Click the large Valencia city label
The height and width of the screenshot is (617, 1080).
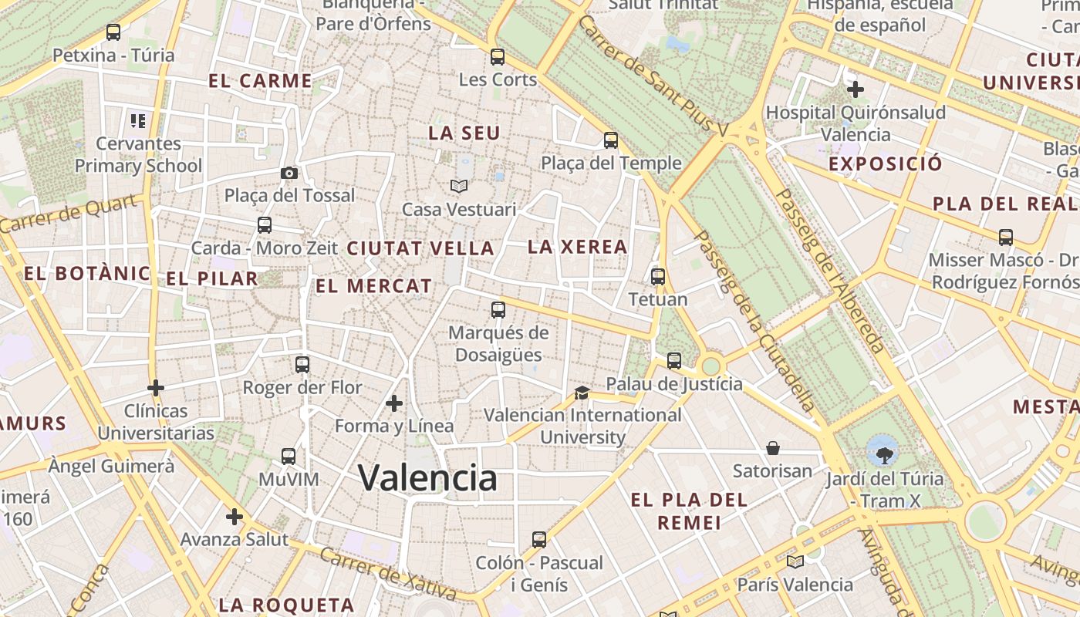point(428,477)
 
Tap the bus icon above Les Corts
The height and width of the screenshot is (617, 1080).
point(498,56)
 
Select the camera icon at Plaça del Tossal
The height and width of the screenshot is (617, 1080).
point(289,173)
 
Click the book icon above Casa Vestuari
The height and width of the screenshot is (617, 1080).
point(459,186)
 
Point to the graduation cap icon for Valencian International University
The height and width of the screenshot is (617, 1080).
point(582,393)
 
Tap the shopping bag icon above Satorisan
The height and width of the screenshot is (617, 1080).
point(772,448)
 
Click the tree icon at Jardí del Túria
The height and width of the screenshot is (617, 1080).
point(882,450)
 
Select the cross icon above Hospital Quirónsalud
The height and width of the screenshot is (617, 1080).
point(855,89)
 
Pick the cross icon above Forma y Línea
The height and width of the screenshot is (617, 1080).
point(394,403)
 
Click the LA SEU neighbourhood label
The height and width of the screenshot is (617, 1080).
point(464,133)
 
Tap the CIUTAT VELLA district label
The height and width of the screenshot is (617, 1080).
point(420,248)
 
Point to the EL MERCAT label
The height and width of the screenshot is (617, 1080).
point(374,286)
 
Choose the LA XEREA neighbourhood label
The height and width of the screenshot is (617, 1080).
point(578,247)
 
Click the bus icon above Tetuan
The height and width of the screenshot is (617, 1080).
point(658,276)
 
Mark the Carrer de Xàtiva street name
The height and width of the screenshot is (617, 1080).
point(388,574)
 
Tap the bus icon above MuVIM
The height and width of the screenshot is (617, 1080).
point(289,456)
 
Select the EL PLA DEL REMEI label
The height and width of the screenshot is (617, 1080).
point(689,511)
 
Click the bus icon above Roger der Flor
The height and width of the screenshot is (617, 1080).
point(302,364)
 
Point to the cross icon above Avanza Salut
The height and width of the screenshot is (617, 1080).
point(235,516)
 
